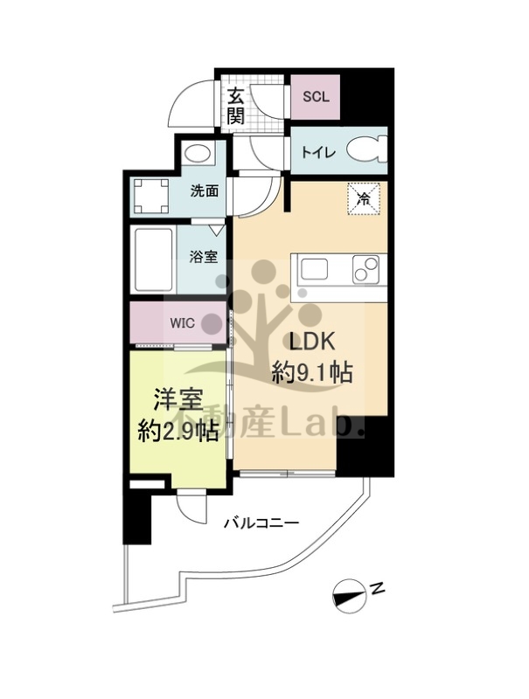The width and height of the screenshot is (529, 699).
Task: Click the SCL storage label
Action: point(316,97)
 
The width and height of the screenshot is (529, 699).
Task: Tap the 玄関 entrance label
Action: point(236,107)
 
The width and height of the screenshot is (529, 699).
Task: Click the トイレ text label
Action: point(318,153)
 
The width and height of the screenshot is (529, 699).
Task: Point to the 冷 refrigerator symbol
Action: point(365,199)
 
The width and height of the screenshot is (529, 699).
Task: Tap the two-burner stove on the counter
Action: point(366,269)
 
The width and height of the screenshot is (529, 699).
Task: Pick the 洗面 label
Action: point(205,190)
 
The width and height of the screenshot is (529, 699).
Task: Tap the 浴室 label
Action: point(204,257)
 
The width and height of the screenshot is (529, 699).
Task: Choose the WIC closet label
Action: point(183,322)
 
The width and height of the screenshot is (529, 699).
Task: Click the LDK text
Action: point(312,343)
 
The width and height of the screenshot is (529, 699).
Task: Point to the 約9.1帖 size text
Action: point(312,373)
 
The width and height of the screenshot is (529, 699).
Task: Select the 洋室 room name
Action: point(178,399)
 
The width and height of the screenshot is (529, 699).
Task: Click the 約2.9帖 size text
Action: point(177,431)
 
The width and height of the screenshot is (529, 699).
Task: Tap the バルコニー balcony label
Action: point(261,523)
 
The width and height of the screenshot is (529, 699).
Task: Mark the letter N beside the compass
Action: point(378,589)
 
